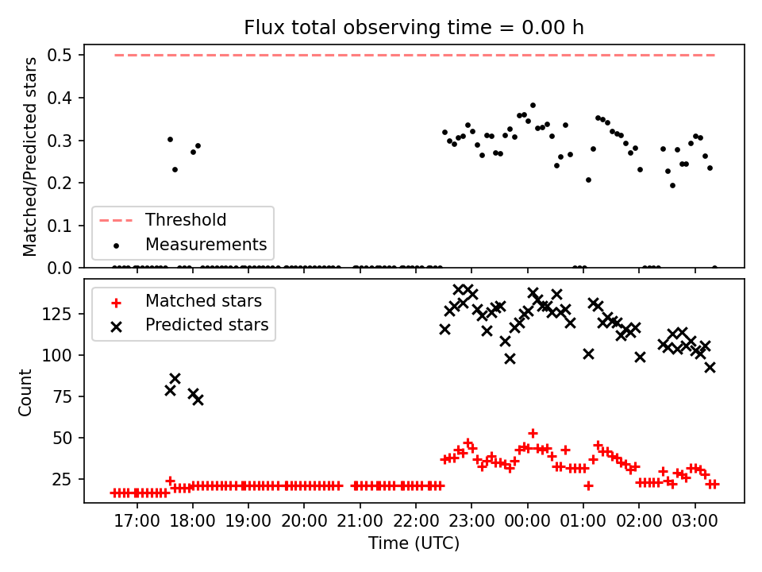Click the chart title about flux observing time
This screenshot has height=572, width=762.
(414, 27)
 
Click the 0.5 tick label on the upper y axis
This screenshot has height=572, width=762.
(60, 55)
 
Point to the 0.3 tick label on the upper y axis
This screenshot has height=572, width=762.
(60, 141)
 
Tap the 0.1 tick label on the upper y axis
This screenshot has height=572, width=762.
(60, 226)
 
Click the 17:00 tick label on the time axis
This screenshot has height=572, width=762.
(137, 521)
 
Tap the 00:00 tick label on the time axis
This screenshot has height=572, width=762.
(527, 521)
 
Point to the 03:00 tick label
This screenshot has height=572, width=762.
(695, 521)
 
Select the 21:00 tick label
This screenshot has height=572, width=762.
(360, 521)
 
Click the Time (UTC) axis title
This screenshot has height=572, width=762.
(414, 543)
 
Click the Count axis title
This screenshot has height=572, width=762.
(25, 392)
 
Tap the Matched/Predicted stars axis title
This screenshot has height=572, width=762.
(29, 157)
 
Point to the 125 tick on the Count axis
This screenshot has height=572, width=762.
(57, 315)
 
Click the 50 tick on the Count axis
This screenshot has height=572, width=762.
(62, 438)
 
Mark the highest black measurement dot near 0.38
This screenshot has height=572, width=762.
(533, 105)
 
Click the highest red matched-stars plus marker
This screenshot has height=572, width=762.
(533, 433)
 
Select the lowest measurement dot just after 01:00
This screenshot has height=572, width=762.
(588, 180)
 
